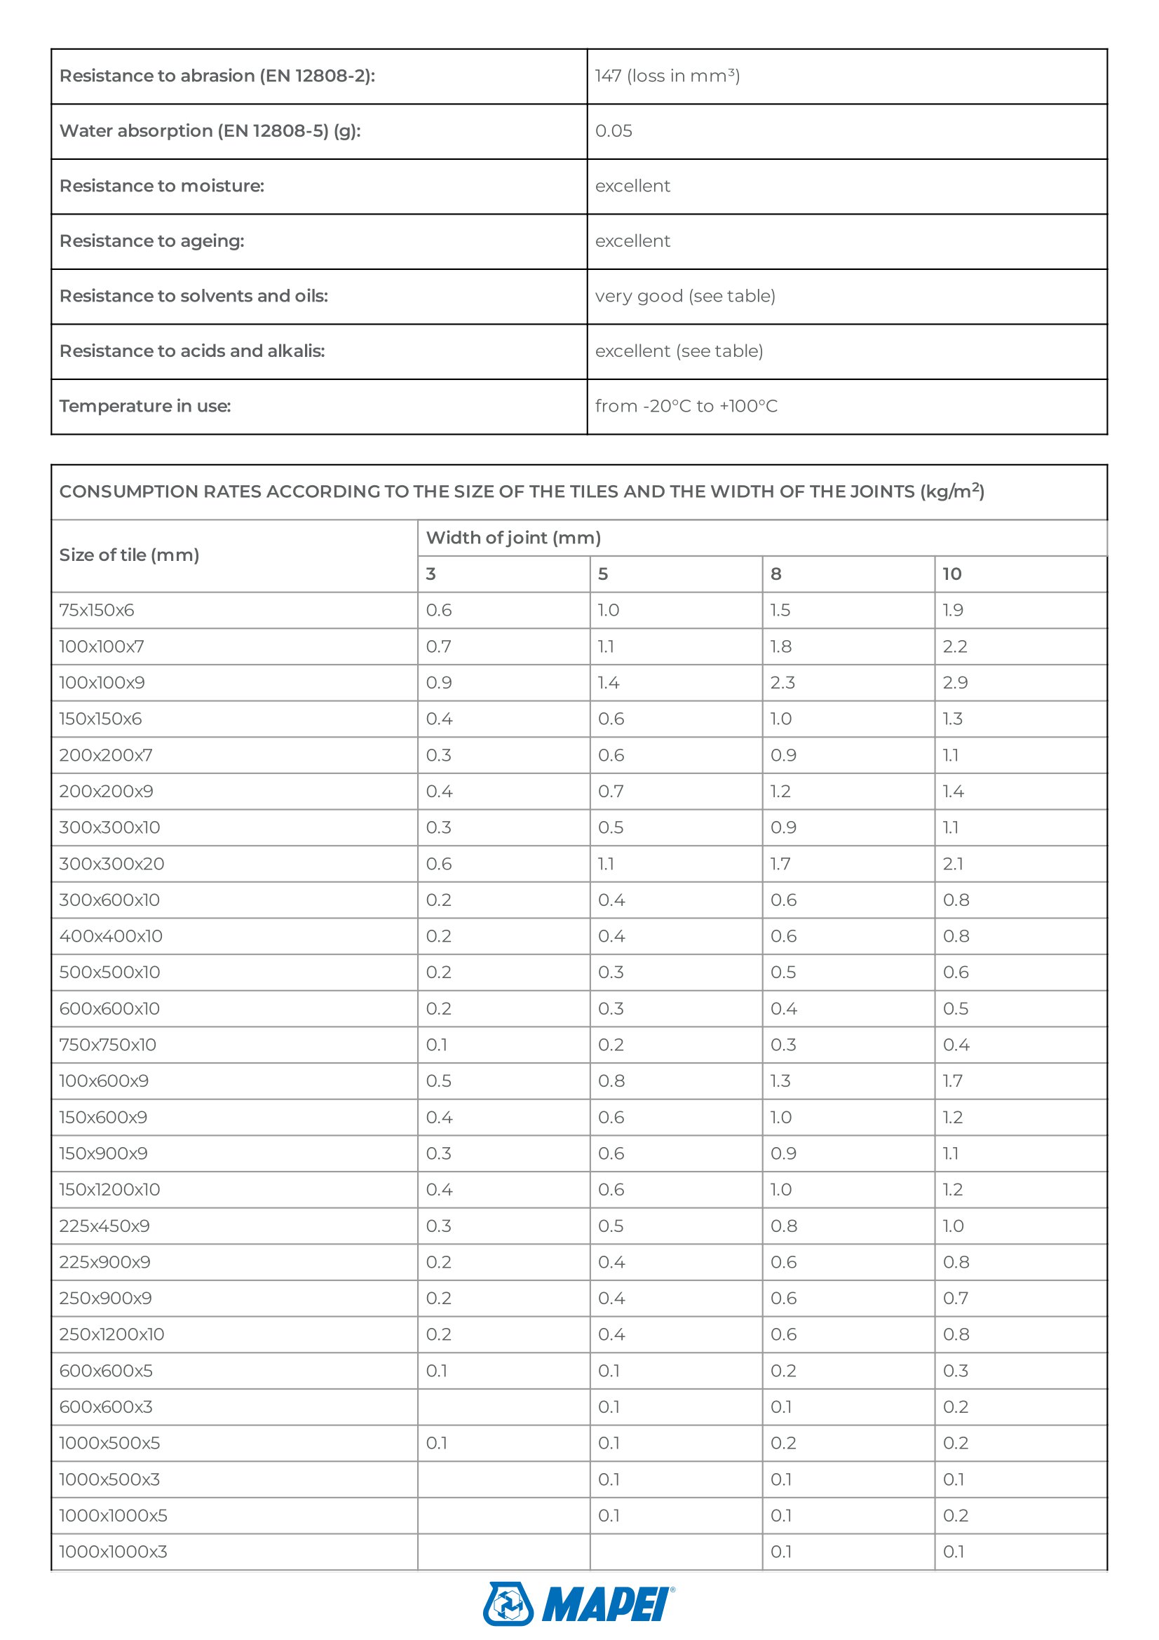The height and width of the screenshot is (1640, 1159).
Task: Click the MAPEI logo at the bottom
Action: [x=578, y=1604]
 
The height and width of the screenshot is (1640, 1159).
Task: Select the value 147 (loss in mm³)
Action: [x=667, y=76]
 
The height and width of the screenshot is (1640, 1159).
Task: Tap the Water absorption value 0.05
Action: [x=614, y=130]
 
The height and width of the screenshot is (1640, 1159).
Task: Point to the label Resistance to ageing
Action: [x=151, y=240]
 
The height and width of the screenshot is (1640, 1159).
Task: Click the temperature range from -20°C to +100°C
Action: [x=686, y=406]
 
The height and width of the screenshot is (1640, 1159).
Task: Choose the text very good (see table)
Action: [x=685, y=296]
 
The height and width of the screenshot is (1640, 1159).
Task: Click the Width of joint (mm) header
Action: [x=513, y=538]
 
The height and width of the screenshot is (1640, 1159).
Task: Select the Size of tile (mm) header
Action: [x=128, y=555]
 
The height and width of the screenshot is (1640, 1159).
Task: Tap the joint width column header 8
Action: [x=775, y=574]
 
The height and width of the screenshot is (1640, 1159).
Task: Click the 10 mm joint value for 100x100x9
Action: [x=955, y=682]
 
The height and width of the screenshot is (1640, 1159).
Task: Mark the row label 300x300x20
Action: [x=111, y=864]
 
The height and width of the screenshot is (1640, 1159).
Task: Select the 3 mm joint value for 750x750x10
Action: [x=436, y=1044]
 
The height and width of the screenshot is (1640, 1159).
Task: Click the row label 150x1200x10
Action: [x=109, y=1189]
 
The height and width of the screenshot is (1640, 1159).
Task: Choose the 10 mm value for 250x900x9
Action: [x=955, y=1298]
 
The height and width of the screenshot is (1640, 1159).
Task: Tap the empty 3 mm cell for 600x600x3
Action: [x=503, y=1407]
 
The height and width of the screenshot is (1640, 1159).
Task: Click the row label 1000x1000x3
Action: [x=113, y=1552]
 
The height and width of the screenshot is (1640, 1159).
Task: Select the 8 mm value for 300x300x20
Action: [x=780, y=864]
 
